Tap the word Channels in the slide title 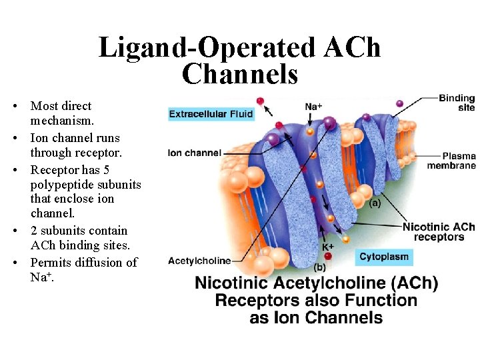240,74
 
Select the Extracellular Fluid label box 211,114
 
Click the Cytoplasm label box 383,257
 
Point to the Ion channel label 195,153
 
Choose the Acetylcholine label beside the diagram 199,260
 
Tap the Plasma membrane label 451,161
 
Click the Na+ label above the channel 313,107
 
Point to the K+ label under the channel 327,246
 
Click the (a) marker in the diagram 375,203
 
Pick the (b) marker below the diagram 319,267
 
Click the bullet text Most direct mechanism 62,114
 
